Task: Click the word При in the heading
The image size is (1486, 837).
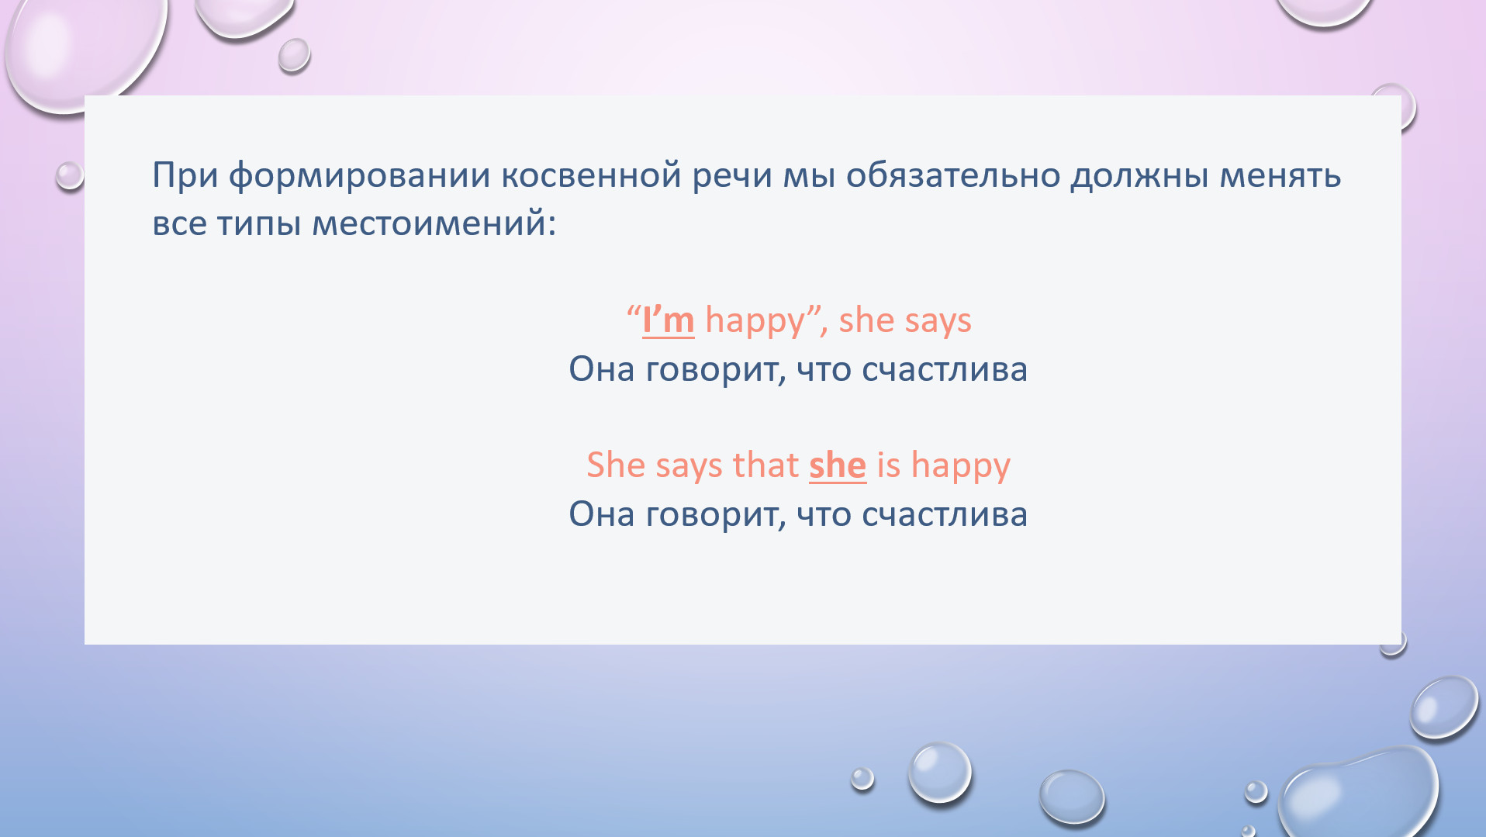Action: [x=185, y=176]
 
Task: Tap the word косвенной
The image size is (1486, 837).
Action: [x=591, y=176]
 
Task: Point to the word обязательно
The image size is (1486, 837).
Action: [x=952, y=175]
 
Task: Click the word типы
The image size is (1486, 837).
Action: [x=258, y=225]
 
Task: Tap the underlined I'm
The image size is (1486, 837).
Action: [x=668, y=320]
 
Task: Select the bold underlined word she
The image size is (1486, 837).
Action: [x=838, y=465]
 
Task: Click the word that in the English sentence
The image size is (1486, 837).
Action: [x=765, y=465]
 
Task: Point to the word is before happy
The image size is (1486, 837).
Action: [x=889, y=465]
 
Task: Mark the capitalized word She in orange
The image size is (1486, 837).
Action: [x=616, y=465]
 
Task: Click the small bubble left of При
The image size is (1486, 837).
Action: [x=70, y=175]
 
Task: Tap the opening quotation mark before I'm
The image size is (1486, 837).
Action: [x=634, y=310]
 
